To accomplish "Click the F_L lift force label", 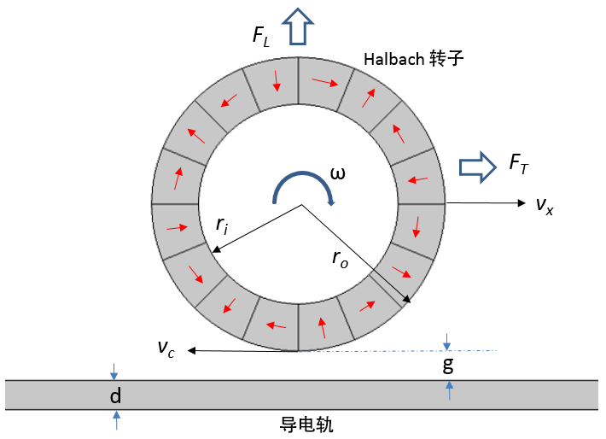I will point(260,36).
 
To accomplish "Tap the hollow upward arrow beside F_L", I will point(300,25).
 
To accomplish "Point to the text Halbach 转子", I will point(412,59).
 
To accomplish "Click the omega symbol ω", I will point(338,173).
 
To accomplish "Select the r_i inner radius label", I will point(222,225).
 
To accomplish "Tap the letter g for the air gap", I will point(447,365).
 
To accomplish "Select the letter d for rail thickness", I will point(116,396).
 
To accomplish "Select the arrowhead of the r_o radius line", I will point(408,299).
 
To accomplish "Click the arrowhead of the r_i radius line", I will point(215,250).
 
